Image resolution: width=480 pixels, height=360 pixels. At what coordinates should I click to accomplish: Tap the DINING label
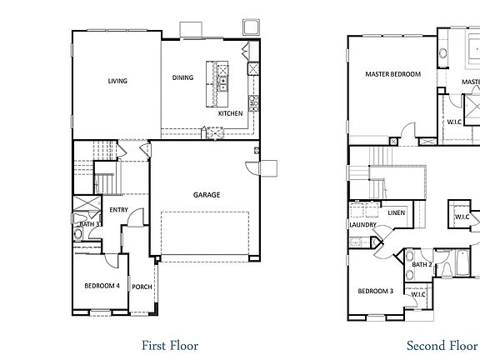tap(182, 77)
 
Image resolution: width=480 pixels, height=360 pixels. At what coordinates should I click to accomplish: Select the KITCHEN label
tap(231, 112)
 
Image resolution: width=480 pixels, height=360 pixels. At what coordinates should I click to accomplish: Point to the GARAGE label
tap(207, 195)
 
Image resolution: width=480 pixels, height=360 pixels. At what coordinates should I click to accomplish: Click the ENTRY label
tap(117, 210)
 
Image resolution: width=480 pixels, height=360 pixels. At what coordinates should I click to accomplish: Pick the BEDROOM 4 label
tap(102, 286)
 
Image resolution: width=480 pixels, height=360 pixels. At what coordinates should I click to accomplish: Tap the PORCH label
tap(142, 287)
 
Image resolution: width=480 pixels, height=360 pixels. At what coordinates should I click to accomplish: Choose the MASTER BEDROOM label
tap(392, 74)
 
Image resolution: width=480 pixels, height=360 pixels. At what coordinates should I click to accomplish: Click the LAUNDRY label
tap(363, 225)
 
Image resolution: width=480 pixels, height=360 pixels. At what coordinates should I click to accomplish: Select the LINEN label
tap(396, 213)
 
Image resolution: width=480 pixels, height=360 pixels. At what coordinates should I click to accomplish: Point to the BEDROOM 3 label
tap(375, 291)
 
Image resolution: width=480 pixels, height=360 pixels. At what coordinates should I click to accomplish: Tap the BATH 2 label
tap(422, 265)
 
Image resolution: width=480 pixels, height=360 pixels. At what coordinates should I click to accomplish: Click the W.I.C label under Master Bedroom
tap(454, 122)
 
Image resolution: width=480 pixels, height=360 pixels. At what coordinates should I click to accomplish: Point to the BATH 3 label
tap(90, 224)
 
